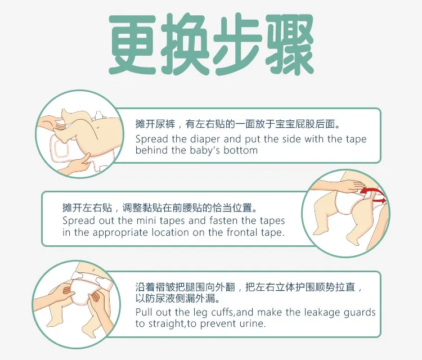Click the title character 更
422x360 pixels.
132,44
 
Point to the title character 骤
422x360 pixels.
290,44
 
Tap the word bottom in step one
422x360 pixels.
240,150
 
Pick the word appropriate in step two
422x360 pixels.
120,233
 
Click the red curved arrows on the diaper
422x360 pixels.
373,195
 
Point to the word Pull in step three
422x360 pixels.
144,312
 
